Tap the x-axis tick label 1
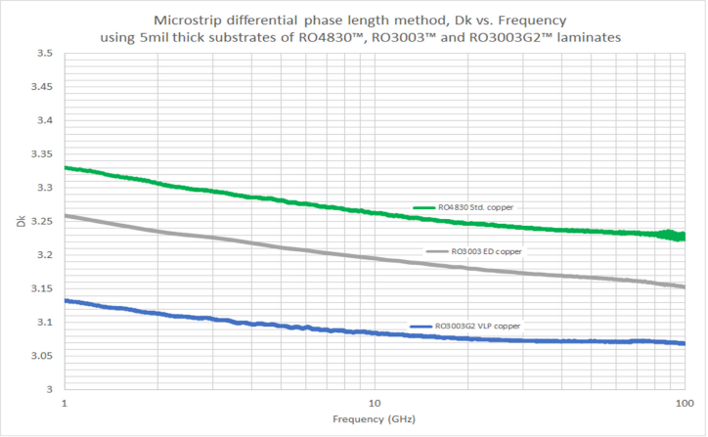65,403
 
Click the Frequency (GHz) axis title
374,420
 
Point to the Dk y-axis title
20,221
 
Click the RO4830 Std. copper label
476,207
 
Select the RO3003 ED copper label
486,251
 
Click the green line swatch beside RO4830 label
423,207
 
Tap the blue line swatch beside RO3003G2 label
420,325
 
